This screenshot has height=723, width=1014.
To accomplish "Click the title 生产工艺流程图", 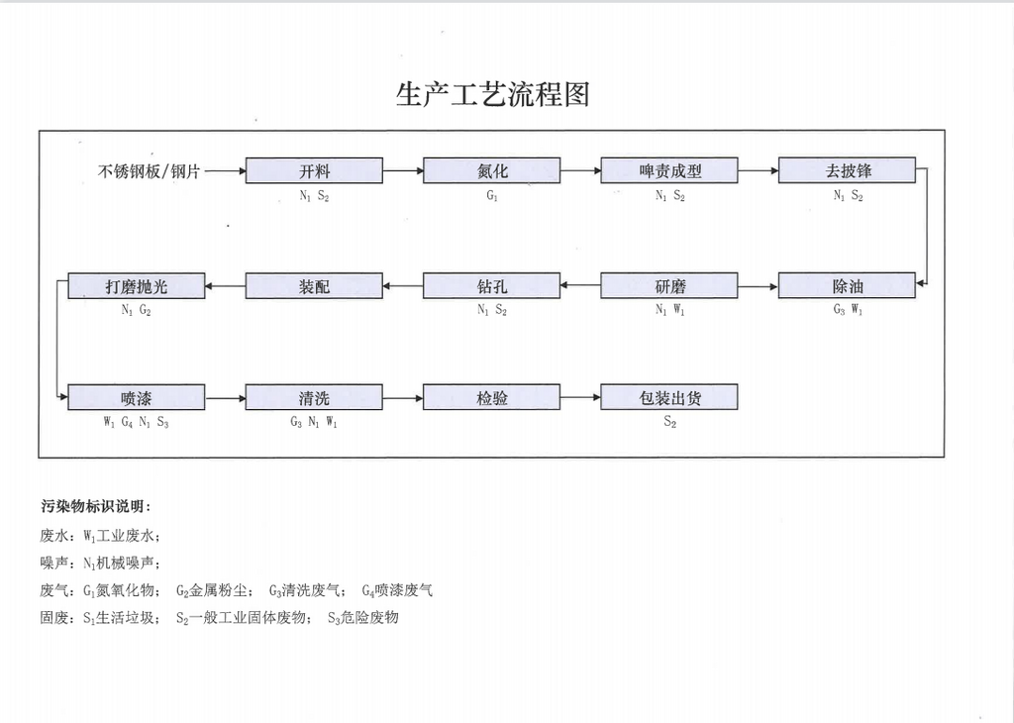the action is tap(493, 94).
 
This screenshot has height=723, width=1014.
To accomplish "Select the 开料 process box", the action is tap(314, 170).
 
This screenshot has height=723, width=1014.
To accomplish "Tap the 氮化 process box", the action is tap(491, 170).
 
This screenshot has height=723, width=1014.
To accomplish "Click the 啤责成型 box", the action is tap(669, 170).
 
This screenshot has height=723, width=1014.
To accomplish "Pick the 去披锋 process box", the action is tap(848, 170).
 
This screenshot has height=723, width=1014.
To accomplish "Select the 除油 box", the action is tap(848, 286).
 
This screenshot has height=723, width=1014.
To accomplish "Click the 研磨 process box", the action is tap(669, 286).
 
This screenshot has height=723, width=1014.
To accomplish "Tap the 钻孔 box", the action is tap(491, 286).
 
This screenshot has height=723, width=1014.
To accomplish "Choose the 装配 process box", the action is tap(314, 286).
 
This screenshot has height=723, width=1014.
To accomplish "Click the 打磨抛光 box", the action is tap(137, 286).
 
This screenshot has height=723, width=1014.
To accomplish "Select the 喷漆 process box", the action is tap(137, 398).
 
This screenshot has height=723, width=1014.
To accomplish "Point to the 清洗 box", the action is tap(314, 398).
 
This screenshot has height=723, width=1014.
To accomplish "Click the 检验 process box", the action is tap(491, 398).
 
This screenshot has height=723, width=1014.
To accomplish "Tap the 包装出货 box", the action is tap(669, 398).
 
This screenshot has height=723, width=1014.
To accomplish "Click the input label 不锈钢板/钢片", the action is tap(149, 171).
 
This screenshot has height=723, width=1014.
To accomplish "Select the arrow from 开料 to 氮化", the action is tap(403, 170).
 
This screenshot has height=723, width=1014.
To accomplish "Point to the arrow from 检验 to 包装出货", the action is tap(580, 398).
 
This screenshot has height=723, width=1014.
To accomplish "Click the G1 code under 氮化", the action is tap(492, 195).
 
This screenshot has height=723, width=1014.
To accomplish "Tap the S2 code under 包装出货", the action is tap(670, 422).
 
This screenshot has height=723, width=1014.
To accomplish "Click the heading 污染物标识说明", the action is tap(96, 506).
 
